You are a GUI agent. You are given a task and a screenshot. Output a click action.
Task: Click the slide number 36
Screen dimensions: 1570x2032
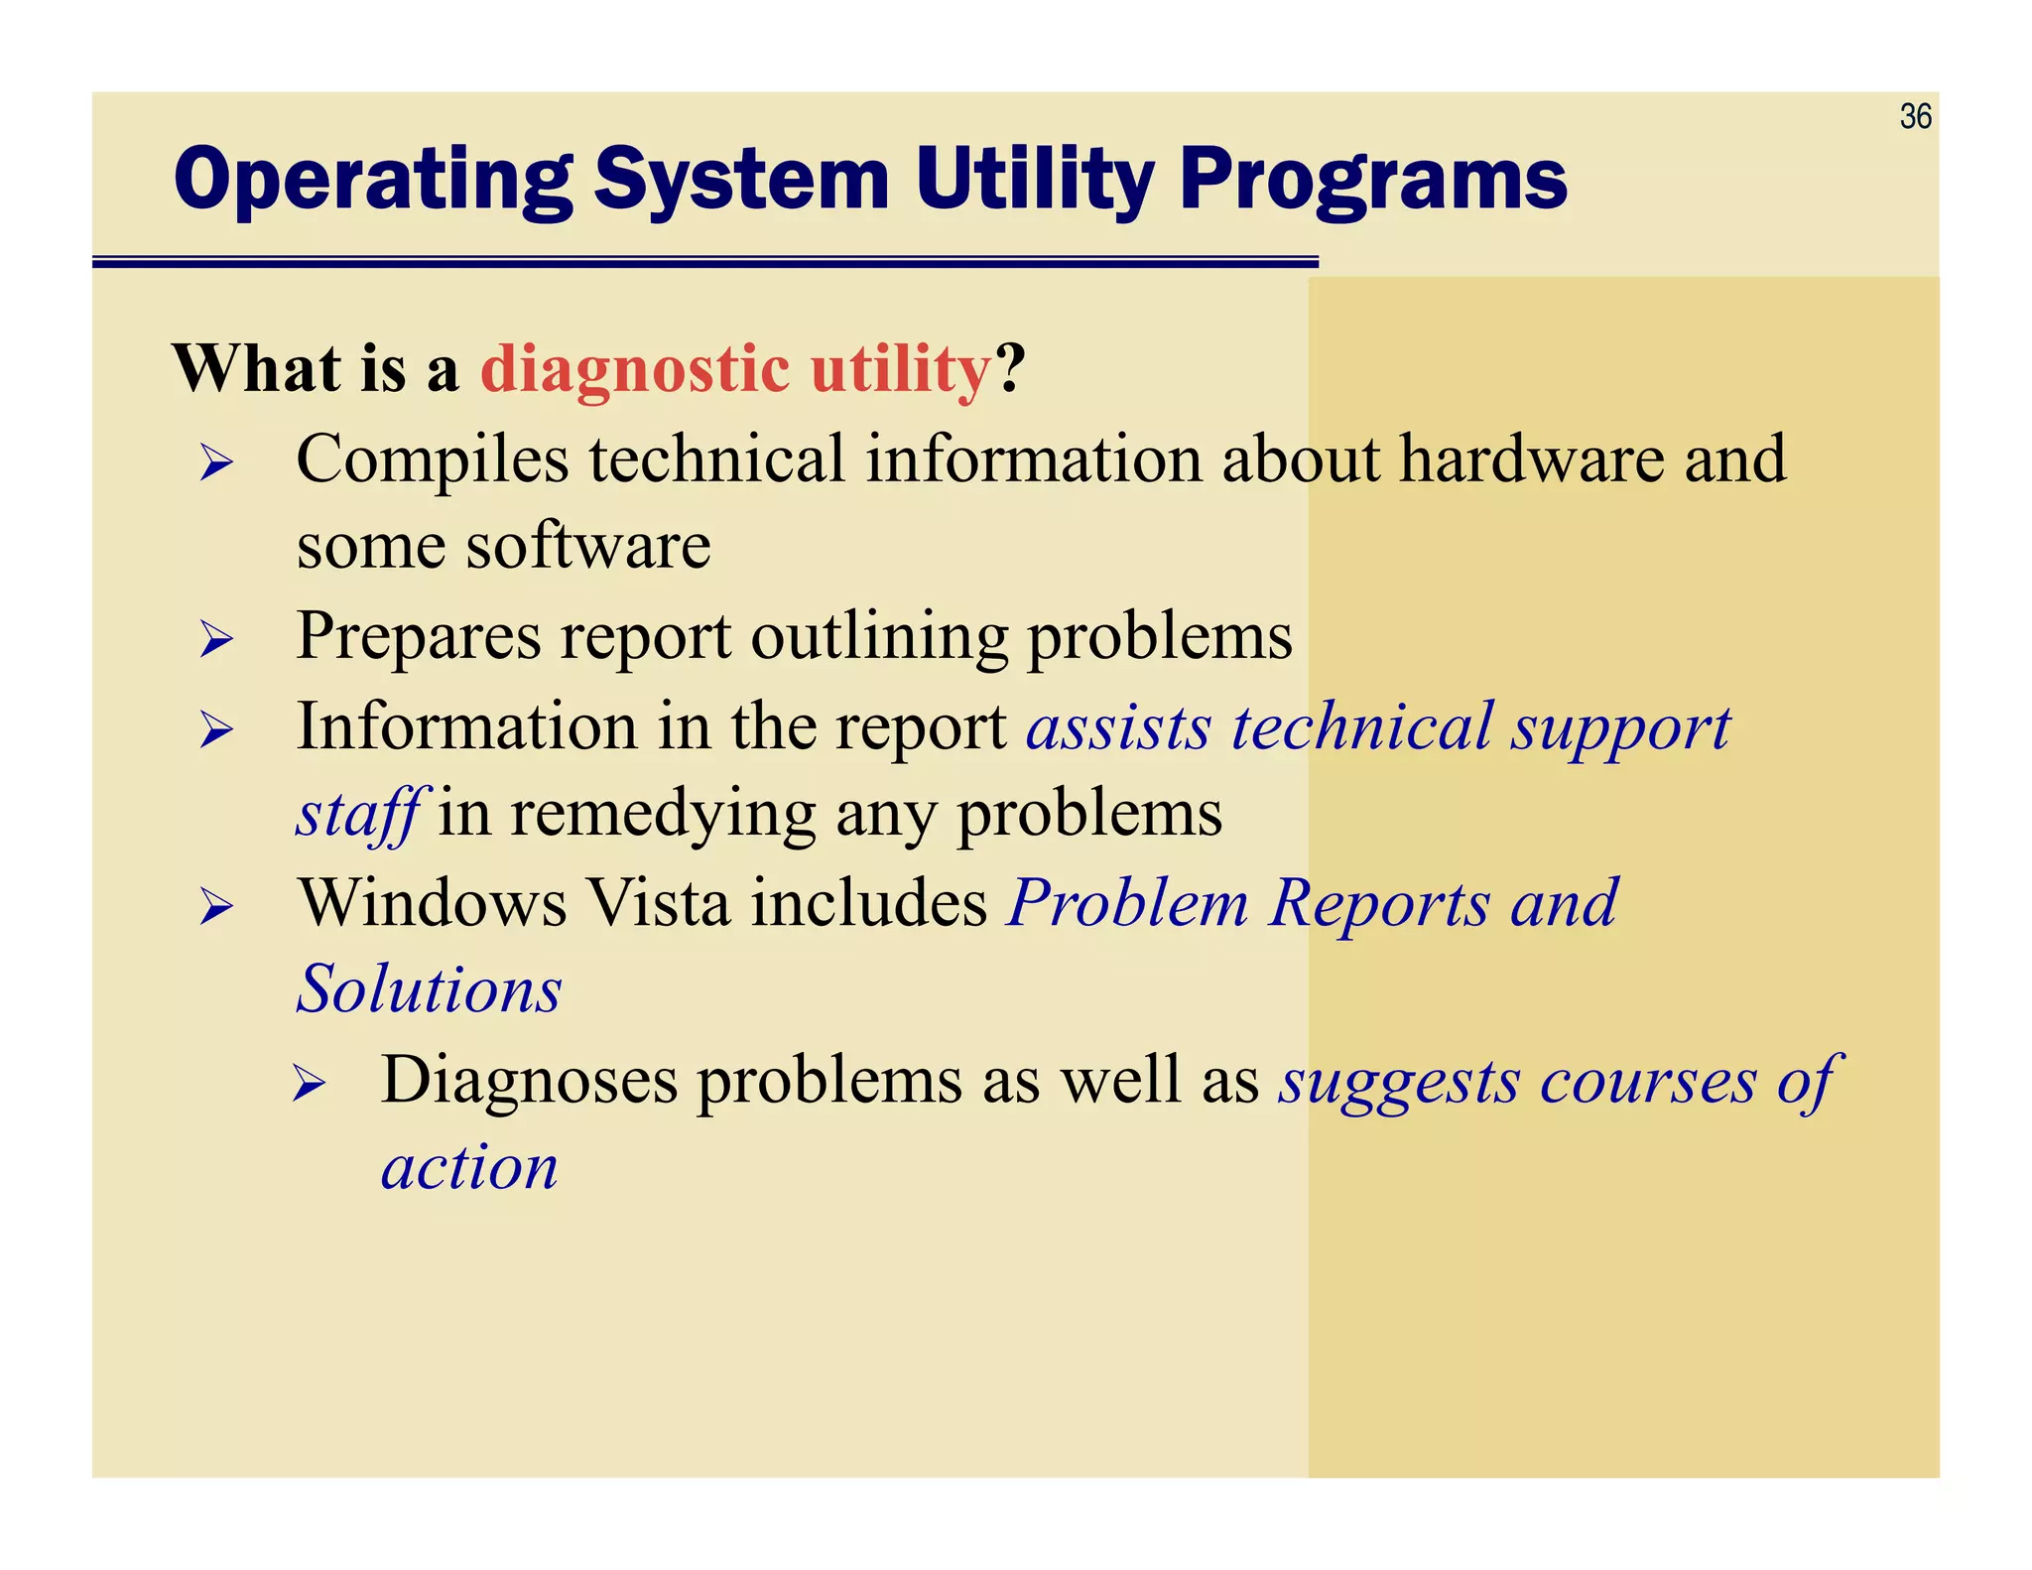coord(1915,117)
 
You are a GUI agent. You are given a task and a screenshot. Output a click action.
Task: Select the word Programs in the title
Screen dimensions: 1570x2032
coord(1373,181)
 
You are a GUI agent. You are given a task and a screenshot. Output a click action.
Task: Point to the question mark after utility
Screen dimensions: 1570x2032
coord(1010,369)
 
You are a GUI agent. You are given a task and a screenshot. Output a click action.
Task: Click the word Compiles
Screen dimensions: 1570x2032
coord(433,459)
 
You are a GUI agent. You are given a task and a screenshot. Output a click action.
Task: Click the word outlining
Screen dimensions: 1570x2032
coord(878,636)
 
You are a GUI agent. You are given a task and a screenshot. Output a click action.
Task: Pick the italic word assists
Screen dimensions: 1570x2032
coord(1118,726)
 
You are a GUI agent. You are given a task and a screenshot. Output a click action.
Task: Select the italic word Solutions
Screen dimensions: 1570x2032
coord(430,990)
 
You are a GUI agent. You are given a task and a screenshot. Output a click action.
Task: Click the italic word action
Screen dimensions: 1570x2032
coord(469,1167)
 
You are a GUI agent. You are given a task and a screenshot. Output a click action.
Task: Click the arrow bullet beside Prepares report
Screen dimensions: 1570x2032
coord(215,639)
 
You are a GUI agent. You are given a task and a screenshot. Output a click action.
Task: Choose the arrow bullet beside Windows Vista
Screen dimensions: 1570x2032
coord(215,907)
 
